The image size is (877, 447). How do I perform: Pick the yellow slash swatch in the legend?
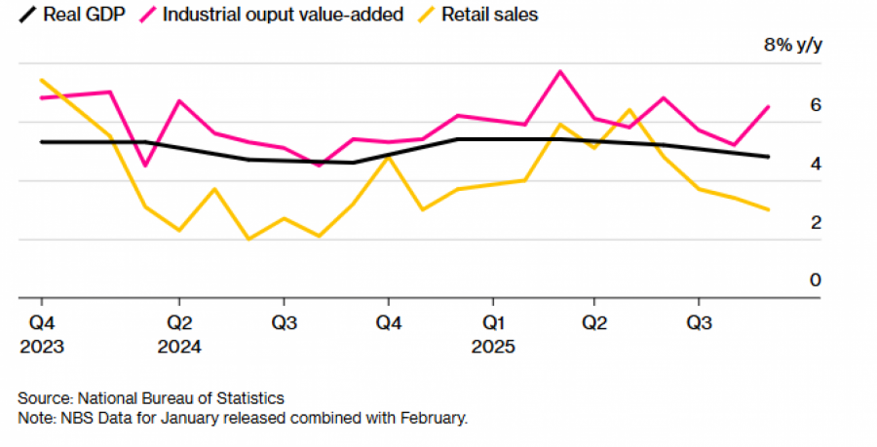point(427,15)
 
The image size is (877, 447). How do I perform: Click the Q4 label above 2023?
point(41,321)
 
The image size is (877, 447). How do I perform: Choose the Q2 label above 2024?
point(178,321)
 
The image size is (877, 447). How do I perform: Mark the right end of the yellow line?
point(768,209)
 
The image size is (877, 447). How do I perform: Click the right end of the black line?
point(768,157)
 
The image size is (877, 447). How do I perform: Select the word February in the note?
point(434,419)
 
